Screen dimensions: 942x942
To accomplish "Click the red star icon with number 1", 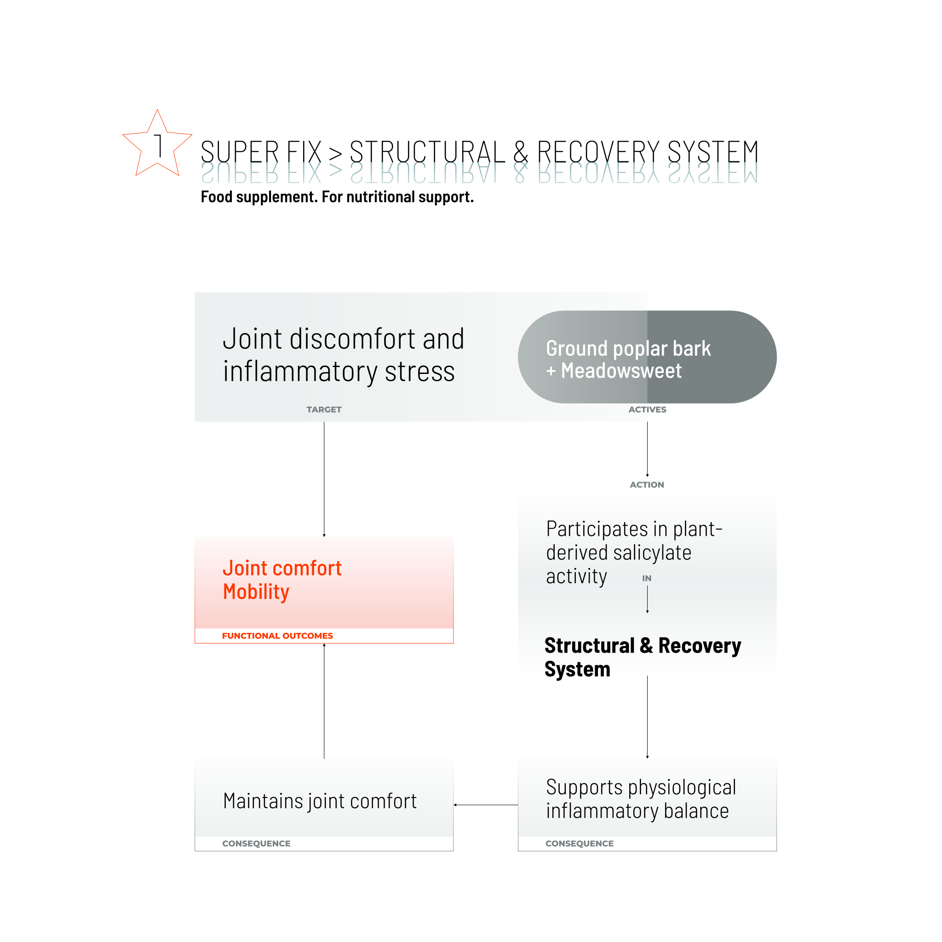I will click(157, 144).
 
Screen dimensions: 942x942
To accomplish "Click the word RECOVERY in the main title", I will click(598, 152).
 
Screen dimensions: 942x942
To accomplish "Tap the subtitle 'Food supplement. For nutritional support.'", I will click(337, 197).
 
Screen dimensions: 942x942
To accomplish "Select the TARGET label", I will click(324, 409).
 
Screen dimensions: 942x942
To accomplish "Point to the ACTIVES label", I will click(647, 409).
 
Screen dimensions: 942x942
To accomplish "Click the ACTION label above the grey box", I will click(647, 485).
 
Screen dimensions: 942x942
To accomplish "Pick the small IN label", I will click(647, 578).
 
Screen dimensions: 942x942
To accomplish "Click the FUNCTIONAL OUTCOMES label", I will click(277, 636).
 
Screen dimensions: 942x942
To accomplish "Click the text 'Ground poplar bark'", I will click(628, 349).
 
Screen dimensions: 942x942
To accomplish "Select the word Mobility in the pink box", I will click(256, 592).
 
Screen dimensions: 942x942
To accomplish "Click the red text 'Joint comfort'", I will click(282, 569).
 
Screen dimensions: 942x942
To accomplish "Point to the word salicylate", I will click(652, 553).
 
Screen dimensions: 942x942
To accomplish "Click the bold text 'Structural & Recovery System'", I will click(642, 656).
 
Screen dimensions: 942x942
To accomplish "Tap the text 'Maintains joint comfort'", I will click(320, 801).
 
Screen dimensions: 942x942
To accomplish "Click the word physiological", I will click(682, 787).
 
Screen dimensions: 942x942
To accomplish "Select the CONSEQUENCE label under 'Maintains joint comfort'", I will click(256, 844).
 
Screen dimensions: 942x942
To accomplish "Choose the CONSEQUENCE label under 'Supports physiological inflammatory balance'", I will click(579, 844).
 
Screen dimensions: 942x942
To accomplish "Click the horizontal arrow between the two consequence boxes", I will click(486, 805).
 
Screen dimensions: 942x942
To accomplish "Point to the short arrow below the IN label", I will click(647, 599).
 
